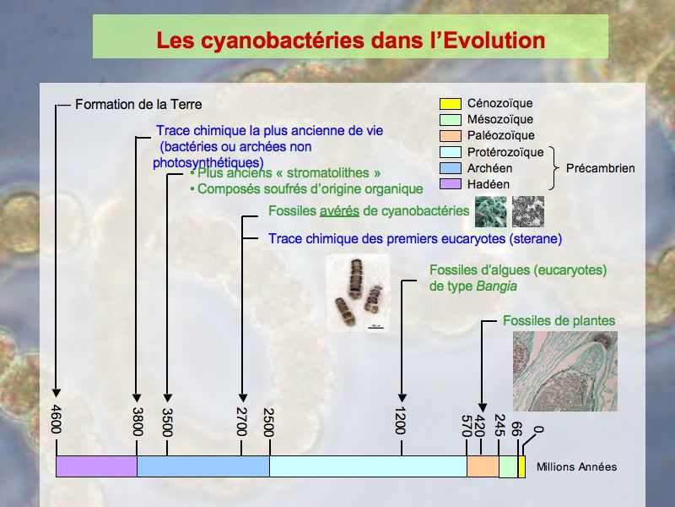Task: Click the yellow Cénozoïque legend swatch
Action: point(451,103)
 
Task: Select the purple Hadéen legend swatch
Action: point(451,184)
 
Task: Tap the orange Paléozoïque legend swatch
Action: point(451,136)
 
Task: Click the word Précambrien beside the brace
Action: point(600,168)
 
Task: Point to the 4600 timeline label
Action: point(57,419)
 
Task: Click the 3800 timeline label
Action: point(137,422)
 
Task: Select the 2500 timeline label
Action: point(268,422)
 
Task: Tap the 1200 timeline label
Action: point(400,420)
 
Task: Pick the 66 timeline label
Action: point(516,429)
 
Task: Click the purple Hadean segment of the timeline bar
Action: point(96,466)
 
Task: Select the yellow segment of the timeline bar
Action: point(521,467)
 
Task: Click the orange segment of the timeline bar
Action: point(483,466)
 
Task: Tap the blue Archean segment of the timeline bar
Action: point(203,466)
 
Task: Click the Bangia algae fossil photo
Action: point(358,293)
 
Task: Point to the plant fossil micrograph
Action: point(565,371)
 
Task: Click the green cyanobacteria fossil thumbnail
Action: point(491,212)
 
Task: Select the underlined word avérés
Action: point(339,210)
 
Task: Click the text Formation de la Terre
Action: point(138,104)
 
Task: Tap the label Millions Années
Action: point(576,467)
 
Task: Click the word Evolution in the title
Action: point(494,40)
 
